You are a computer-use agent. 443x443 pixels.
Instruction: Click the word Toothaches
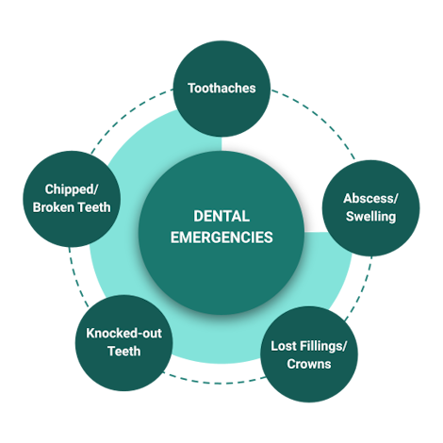pyautogui.click(x=221, y=89)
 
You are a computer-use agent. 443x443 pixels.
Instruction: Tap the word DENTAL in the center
pyautogui.click(x=221, y=216)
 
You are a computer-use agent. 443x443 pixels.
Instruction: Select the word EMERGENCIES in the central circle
pyautogui.click(x=221, y=238)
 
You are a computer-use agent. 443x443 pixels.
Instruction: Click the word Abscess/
pyautogui.click(x=370, y=199)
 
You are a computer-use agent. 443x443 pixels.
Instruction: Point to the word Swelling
pyautogui.click(x=370, y=217)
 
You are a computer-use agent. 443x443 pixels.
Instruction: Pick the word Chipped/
pyautogui.click(x=72, y=189)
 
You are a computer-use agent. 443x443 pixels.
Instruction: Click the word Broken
pyautogui.click(x=53, y=207)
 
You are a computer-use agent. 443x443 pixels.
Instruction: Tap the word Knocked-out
pyautogui.click(x=123, y=334)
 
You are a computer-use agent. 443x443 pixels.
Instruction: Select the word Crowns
pyautogui.click(x=309, y=364)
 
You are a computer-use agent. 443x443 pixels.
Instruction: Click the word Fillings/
pyautogui.click(x=323, y=346)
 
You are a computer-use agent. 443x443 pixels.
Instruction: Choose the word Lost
pyautogui.click(x=284, y=346)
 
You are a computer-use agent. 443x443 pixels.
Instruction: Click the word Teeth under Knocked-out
pyautogui.click(x=123, y=352)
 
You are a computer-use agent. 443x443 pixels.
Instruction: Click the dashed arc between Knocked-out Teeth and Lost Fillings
pyautogui.click(x=216, y=383)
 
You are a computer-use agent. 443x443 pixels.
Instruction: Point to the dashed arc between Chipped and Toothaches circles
pyautogui.click(x=126, y=115)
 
